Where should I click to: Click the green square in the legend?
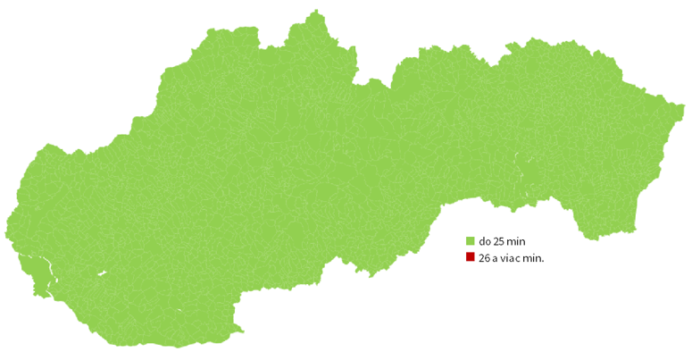(x=470, y=241)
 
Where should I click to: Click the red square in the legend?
(x=470, y=258)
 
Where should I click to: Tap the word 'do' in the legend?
(x=485, y=241)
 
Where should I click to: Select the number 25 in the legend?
(x=500, y=241)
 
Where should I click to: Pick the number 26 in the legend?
(x=485, y=258)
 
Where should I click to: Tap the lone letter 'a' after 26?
(x=496, y=258)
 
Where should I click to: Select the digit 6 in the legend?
(x=488, y=258)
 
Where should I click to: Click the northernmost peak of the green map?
(x=315, y=12)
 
